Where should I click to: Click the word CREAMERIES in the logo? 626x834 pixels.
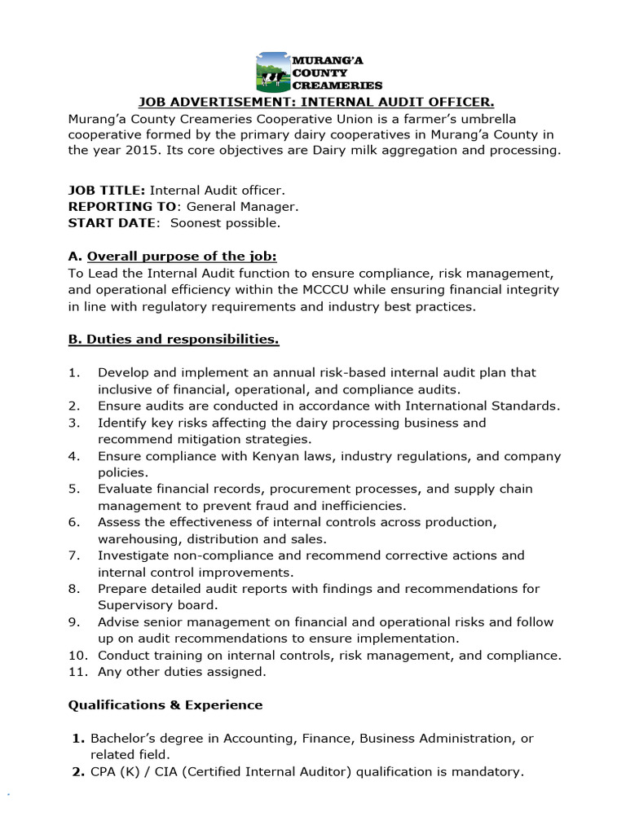(x=337, y=85)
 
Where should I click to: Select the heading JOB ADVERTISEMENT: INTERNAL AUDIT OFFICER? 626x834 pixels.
(x=315, y=102)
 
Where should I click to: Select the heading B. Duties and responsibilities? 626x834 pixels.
(x=174, y=338)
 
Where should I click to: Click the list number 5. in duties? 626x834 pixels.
(x=74, y=489)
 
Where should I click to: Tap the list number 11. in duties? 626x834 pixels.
(x=77, y=672)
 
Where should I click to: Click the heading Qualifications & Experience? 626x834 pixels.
(x=165, y=705)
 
